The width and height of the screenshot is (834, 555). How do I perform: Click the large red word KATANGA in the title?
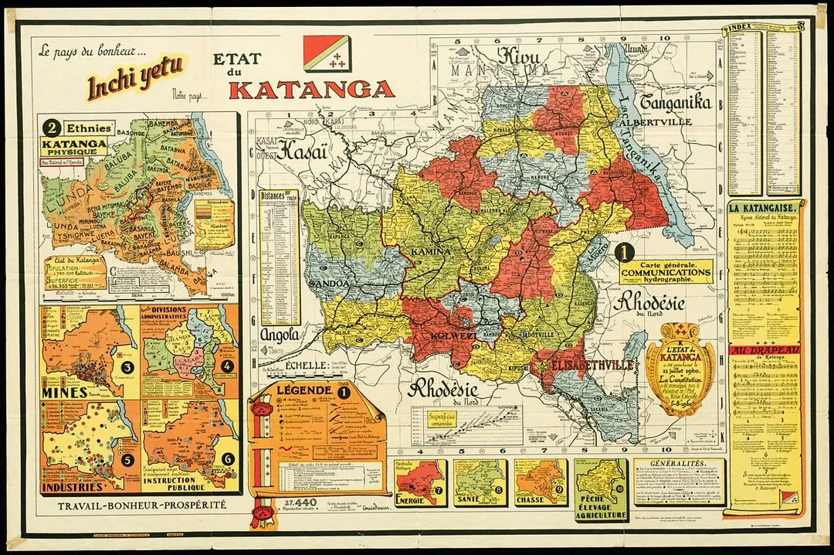[311, 90]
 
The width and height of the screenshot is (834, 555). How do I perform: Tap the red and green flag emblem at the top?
[327, 53]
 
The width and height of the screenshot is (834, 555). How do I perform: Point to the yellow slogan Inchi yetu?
[134, 78]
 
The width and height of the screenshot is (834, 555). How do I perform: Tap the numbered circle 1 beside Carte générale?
[624, 251]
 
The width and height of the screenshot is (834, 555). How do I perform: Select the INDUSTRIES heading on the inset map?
[72, 488]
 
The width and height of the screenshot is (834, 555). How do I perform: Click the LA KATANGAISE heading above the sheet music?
[766, 208]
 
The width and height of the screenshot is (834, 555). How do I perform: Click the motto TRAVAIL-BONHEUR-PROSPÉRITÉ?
[136, 506]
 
